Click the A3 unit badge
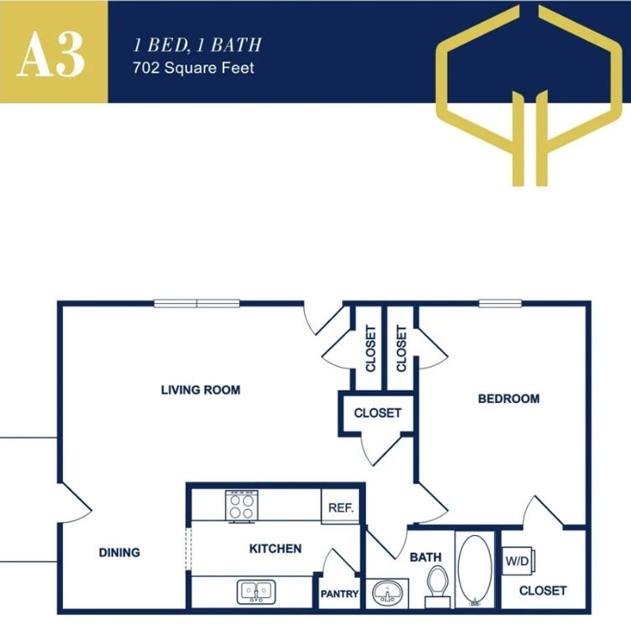(52, 52)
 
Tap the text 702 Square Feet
(193, 68)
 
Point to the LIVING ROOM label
(201, 390)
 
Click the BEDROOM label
(508, 399)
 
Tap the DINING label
(119, 553)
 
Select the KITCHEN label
(275, 548)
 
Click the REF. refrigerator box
(340, 507)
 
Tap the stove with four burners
(241, 506)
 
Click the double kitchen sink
(254, 591)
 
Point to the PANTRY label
(339, 595)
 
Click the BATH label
(425, 557)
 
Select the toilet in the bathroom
(438, 585)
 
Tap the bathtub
(477, 570)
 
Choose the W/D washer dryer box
(515, 561)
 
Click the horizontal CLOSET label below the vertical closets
(377, 413)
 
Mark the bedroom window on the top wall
(501, 304)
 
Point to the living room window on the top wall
(197, 304)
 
